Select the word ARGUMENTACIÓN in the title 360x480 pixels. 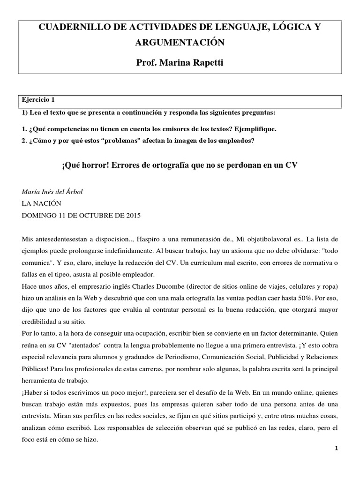pyautogui.click(x=180, y=43)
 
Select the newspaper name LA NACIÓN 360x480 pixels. pyautogui.click(x=42, y=203)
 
